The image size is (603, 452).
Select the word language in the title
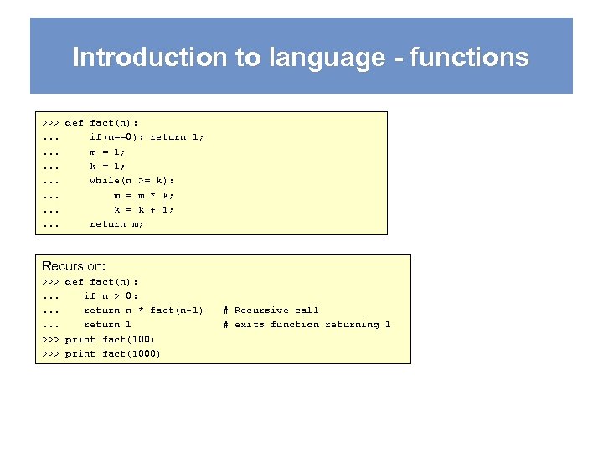(311, 58)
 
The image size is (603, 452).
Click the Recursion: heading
(74, 266)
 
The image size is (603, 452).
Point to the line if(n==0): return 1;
(147, 136)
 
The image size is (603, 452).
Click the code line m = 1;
(107, 152)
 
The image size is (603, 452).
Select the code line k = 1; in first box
(107, 166)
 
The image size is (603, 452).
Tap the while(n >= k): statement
(131, 180)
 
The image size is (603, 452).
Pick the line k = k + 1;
(144, 209)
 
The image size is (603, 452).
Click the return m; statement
(116, 223)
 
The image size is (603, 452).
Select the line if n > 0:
(111, 295)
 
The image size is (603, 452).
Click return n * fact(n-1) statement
(143, 310)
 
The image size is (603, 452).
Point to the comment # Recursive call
(271, 310)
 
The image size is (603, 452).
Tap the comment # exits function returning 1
(307, 324)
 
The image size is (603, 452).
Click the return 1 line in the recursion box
(107, 324)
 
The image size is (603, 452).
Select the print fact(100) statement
(110, 339)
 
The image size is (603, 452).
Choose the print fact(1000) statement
(113, 353)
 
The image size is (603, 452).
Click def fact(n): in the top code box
(101, 122)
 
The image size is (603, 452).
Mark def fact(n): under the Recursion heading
(101, 281)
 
